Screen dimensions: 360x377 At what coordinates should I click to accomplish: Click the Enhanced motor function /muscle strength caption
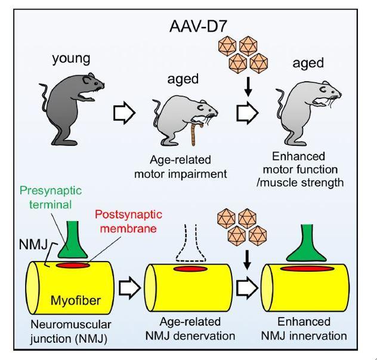click(x=304, y=170)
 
